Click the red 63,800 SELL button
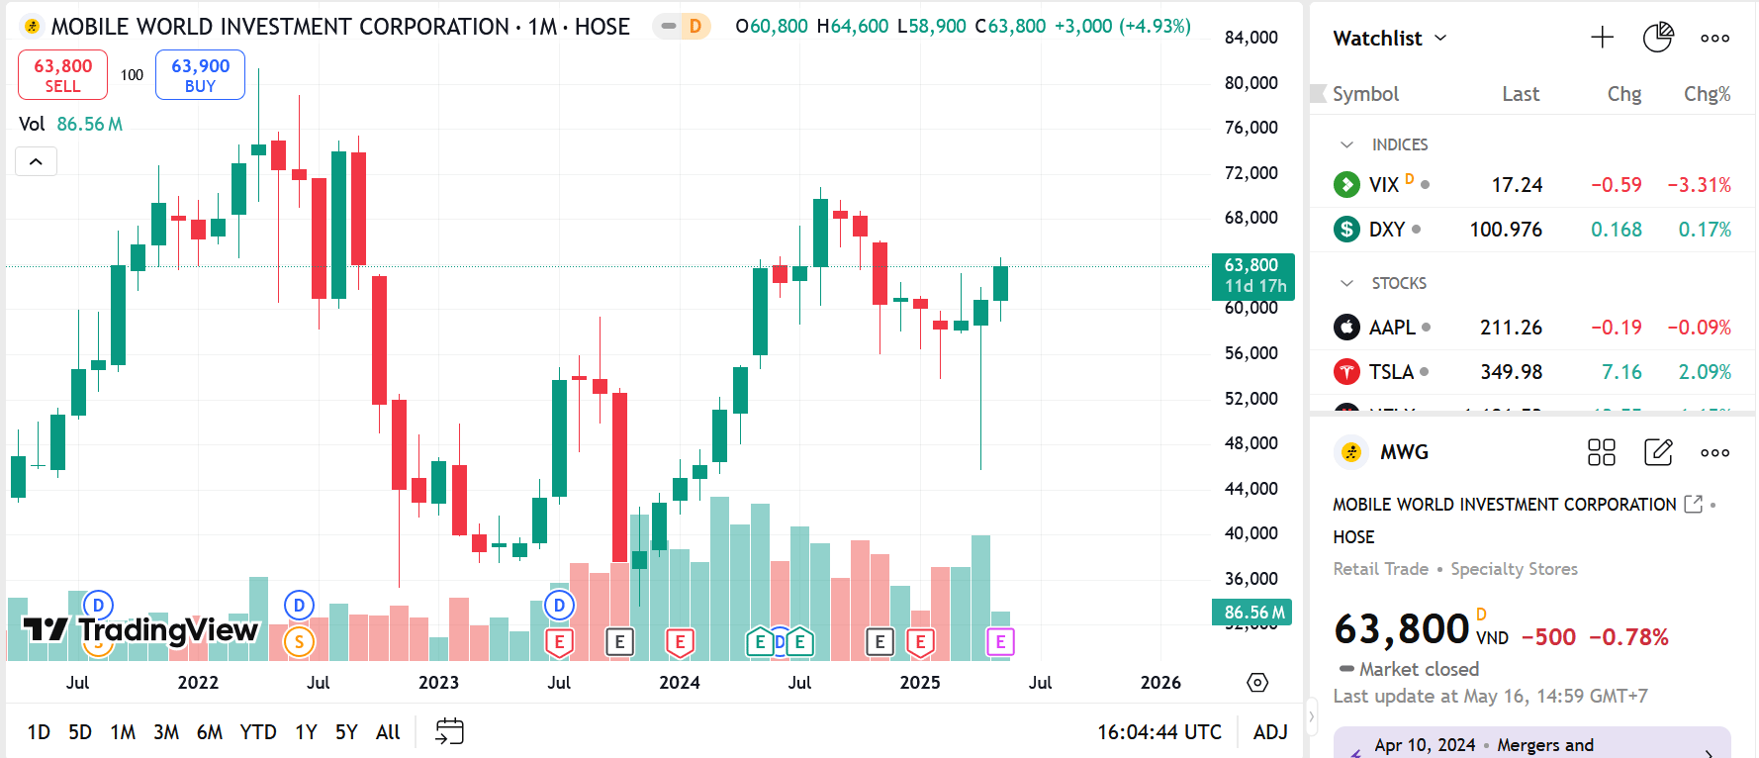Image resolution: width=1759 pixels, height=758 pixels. pyautogui.click(x=62, y=75)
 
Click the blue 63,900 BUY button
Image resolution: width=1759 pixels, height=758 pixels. pyautogui.click(x=200, y=75)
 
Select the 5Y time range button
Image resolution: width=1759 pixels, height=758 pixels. pyautogui.click(x=346, y=732)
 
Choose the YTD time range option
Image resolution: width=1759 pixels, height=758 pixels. pyautogui.click(x=258, y=732)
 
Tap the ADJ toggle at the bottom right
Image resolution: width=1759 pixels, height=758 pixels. pyautogui.click(x=1270, y=732)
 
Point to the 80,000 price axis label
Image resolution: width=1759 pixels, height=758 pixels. pyautogui.click(x=1251, y=83)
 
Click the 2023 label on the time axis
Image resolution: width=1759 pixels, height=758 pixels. pyautogui.click(x=438, y=683)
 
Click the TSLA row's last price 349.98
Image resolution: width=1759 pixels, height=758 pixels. pyautogui.click(x=1511, y=372)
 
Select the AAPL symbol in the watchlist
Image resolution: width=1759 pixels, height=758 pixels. pyautogui.click(x=1391, y=328)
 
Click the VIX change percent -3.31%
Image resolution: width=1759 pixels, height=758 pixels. pyautogui.click(x=1699, y=185)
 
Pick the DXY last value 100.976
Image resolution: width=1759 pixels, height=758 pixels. pyautogui.click(x=1505, y=230)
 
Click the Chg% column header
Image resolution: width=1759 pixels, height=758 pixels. pyautogui.click(x=1707, y=94)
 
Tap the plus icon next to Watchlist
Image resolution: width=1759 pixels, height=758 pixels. pyautogui.click(x=1602, y=39)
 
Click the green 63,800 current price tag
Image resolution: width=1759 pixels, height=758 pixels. pyautogui.click(x=1252, y=276)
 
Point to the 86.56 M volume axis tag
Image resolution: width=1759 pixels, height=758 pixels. pyautogui.click(x=1252, y=613)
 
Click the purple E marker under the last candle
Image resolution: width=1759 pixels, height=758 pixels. pyautogui.click(x=1000, y=642)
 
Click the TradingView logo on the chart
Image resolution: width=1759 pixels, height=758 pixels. pyautogui.click(x=140, y=629)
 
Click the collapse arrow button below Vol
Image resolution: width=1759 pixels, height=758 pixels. pyautogui.click(x=36, y=161)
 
